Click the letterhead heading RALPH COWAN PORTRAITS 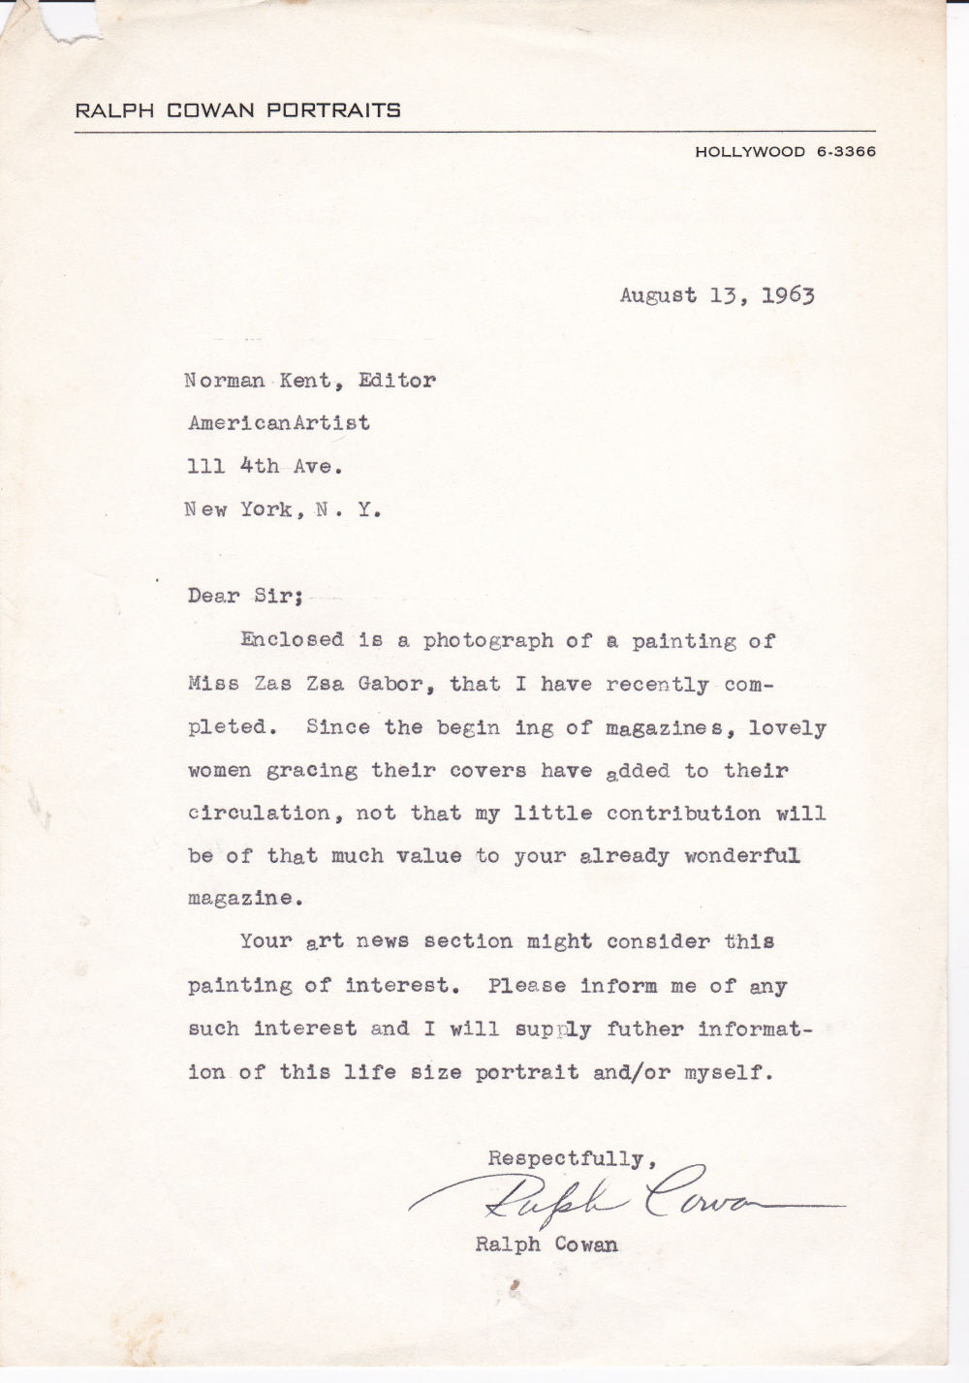(237, 110)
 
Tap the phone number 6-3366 (846, 151)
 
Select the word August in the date (658, 295)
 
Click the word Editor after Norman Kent (396, 381)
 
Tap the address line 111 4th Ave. (265, 466)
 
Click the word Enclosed (292, 639)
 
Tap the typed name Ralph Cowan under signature (547, 1245)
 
